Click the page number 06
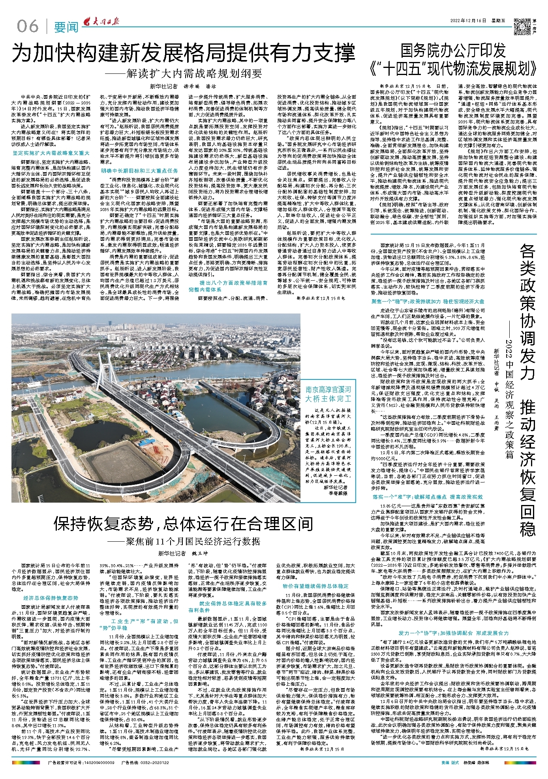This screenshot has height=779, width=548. (28, 26)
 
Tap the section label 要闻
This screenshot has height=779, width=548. (66, 27)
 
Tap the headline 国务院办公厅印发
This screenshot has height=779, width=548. (453, 51)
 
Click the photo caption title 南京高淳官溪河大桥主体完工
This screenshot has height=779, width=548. (328, 394)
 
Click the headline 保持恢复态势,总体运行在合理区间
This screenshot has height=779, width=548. (184, 524)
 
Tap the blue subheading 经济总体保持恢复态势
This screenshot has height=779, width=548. (51, 598)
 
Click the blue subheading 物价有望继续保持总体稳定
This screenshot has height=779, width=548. (315, 586)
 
